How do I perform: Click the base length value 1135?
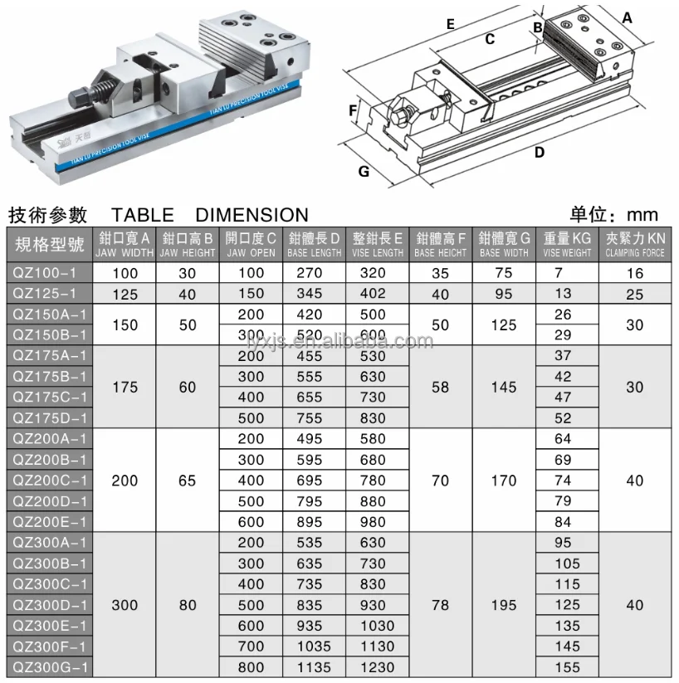[x=313, y=666]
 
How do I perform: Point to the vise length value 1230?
[x=378, y=666]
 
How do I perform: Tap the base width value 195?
[x=504, y=605]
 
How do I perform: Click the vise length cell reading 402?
[x=373, y=293]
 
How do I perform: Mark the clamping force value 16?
[x=635, y=273]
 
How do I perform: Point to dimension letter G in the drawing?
[x=364, y=172]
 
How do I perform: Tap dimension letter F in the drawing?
[x=353, y=110]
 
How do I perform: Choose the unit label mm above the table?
[x=642, y=215]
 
